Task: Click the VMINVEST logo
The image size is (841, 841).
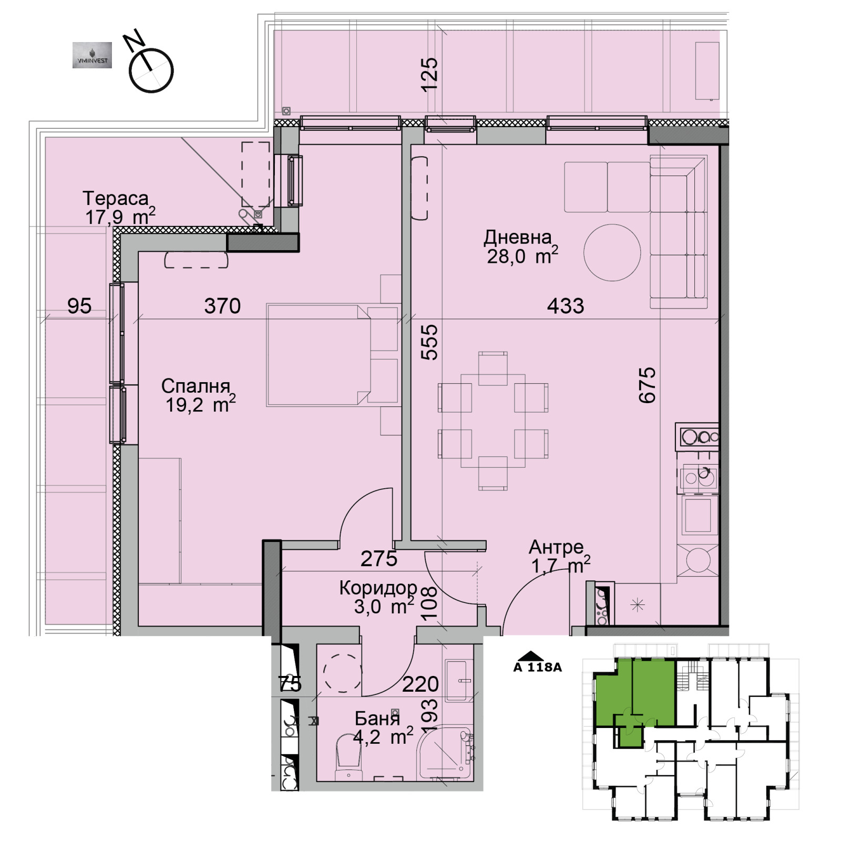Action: [x=92, y=55]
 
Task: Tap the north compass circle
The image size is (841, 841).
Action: [x=151, y=70]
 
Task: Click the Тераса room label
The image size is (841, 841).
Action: [x=116, y=199]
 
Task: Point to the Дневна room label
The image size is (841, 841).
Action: [x=518, y=238]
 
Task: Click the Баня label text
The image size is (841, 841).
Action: [x=377, y=719]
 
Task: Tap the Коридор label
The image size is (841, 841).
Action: [x=377, y=588]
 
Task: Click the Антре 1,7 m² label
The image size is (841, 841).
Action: [x=557, y=556]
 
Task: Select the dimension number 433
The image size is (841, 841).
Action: [x=565, y=306]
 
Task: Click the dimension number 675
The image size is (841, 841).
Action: [x=648, y=385]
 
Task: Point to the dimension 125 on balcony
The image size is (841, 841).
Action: [x=429, y=74]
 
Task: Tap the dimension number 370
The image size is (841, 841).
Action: [x=222, y=306]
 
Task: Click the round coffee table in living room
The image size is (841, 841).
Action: [x=612, y=252]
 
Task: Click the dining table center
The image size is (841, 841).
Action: [x=493, y=420]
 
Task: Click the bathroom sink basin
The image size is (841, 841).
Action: [x=459, y=681]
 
